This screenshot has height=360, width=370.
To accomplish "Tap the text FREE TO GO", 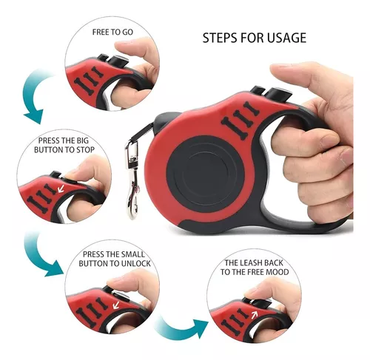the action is click(x=112, y=32).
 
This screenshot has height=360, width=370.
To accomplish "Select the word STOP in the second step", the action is click(x=85, y=150).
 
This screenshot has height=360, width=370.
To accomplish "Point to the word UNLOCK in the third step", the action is click(x=135, y=263).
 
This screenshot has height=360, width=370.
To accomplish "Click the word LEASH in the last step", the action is click(x=252, y=263).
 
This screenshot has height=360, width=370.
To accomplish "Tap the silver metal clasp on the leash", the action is click(x=132, y=180).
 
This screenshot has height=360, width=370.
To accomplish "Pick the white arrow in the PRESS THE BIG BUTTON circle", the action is click(x=61, y=189).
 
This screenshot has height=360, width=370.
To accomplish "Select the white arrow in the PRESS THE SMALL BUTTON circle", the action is click(x=116, y=305).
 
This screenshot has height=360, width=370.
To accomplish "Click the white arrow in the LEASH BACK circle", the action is click(x=255, y=314).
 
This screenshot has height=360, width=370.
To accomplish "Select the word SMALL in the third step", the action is click(x=132, y=254).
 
